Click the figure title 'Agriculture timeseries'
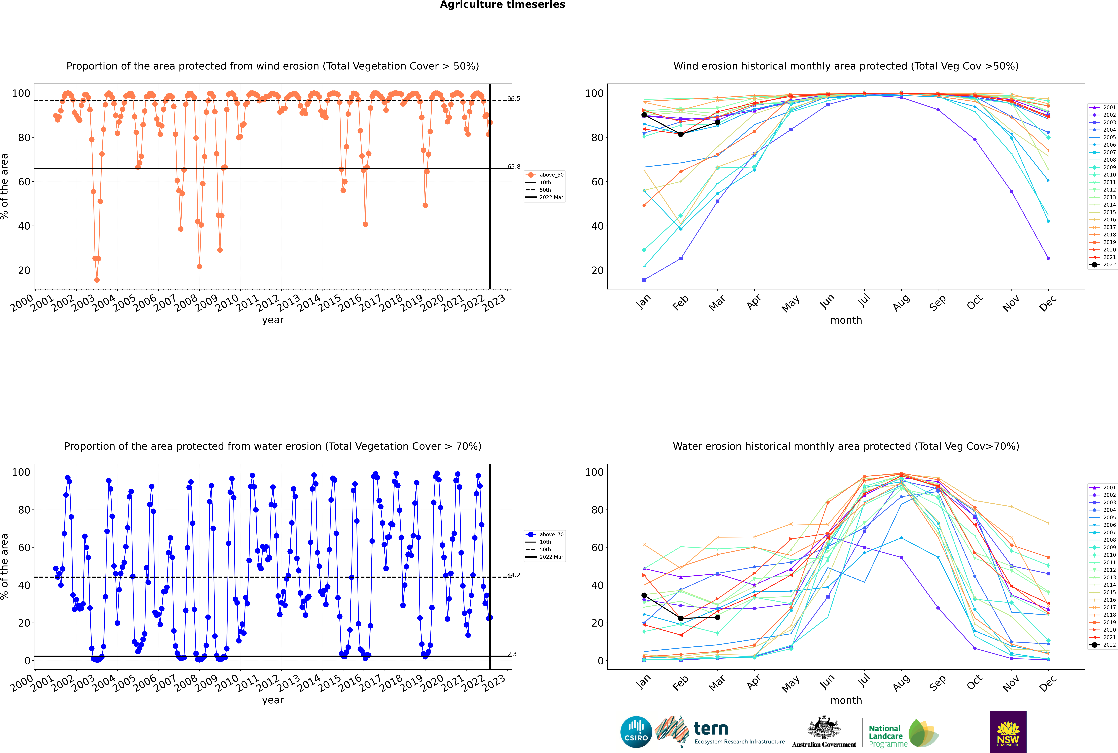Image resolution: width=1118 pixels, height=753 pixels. point(502,5)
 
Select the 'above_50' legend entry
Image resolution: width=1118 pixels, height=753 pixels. point(545,175)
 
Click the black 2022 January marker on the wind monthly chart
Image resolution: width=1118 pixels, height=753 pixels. point(644,115)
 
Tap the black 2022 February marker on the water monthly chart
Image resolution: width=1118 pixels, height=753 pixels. point(681,618)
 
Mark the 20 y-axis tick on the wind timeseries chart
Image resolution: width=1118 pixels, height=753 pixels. point(24,270)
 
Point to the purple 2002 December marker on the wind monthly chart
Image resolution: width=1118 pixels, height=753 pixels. point(1048,258)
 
